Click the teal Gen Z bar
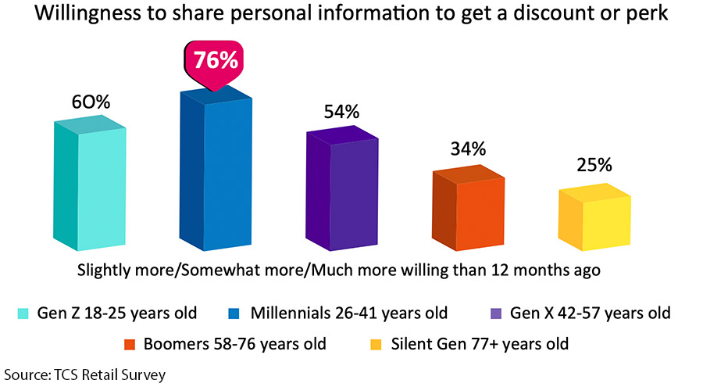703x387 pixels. [x=90, y=188]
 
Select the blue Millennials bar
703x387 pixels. [x=216, y=172]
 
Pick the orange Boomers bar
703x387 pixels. [x=468, y=211]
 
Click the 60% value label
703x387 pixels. [x=90, y=102]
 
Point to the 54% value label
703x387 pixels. [x=341, y=112]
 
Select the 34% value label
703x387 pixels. [x=467, y=149]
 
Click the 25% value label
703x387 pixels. [x=593, y=166]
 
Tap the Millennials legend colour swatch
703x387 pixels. [x=234, y=314]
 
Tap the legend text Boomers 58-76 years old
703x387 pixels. [x=237, y=344]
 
